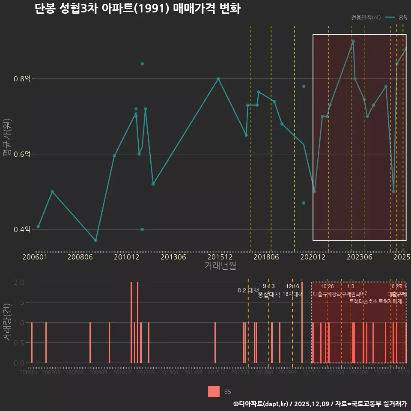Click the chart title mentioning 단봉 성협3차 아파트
pyautogui.click(x=137, y=9)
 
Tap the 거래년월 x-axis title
pyautogui.click(x=220, y=266)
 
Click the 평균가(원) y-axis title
pyautogui.click(x=6, y=146)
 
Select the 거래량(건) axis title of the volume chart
pyautogui.click(x=6, y=322)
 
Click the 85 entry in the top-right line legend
pyautogui.click(x=402, y=18)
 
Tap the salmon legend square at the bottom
pyautogui.click(x=214, y=391)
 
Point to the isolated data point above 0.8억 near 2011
pyautogui.click(x=142, y=64)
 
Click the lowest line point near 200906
pyautogui.click(x=96, y=241)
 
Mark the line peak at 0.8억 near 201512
pyautogui.click(x=218, y=79)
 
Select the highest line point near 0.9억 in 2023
pyautogui.click(x=353, y=41)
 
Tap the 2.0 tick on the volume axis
pyautogui.click(x=19, y=282)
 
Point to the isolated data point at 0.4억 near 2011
pyautogui.click(x=142, y=229)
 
